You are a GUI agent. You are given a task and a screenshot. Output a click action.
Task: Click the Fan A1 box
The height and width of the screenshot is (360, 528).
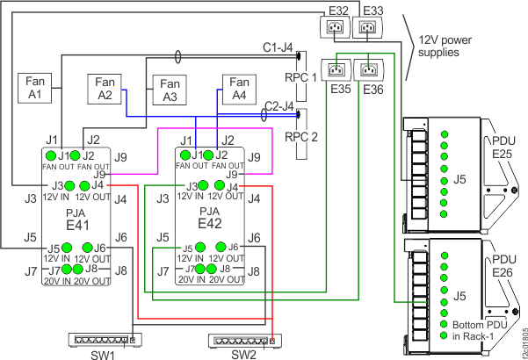pos(36,89)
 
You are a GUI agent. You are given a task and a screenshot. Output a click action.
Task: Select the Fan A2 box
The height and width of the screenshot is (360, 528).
pos(105,90)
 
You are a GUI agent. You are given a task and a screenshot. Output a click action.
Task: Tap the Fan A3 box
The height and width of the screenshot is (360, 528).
pos(169,93)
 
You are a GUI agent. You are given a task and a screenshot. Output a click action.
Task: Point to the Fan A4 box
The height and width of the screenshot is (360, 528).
pos(238,90)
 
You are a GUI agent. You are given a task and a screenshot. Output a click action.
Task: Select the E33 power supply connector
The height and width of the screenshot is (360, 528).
pos(371,27)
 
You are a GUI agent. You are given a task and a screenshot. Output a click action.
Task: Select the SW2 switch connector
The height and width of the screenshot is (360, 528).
pos(240,341)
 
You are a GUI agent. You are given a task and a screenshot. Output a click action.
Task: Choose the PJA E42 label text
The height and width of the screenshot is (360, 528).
pos(212,219)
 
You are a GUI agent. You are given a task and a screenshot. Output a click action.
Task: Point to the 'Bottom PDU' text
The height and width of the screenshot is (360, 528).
pos(475,324)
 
